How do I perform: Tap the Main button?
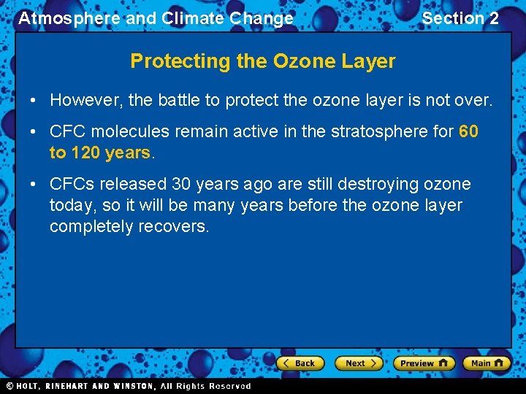click(487, 363)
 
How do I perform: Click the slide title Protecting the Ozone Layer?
click(262, 61)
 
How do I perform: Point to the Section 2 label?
click(460, 18)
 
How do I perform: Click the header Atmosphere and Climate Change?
click(156, 18)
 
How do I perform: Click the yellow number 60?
click(468, 131)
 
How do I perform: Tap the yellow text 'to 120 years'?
click(99, 152)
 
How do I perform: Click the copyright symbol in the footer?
click(9, 386)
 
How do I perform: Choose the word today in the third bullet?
click(71, 205)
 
